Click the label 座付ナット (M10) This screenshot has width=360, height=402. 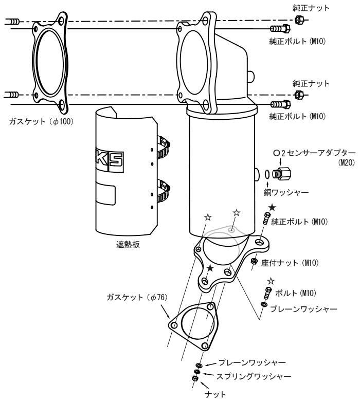(290, 263)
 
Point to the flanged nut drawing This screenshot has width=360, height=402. (254, 262)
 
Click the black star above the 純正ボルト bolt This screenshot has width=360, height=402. (272, 207)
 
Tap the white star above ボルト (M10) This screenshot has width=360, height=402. (271, 281)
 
